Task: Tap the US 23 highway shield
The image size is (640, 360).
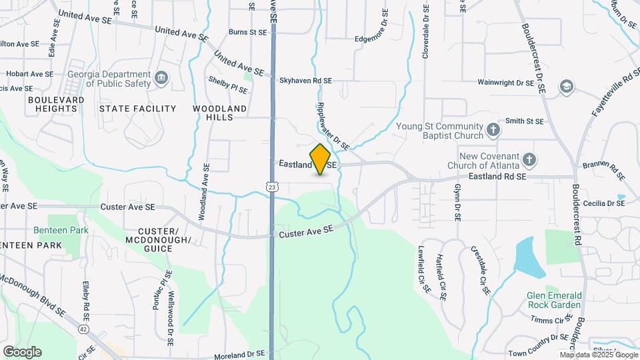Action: pyautogui.click(x=272, y=187)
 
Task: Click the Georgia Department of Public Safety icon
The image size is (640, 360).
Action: pyautogui.click(x=161, y=79)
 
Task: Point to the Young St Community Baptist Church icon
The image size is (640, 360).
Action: pyautogui.click(x=493, y=130)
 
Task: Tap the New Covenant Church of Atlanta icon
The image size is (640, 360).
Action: pyautogui.click(x=529, y=160)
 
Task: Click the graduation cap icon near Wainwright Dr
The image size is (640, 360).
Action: pyautogui.click(x=566, y=85)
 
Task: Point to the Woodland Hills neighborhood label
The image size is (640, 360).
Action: pyautogui.click(x=220, y=112)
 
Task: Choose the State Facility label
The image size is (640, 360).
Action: pyautogui.click(x=137, y=108)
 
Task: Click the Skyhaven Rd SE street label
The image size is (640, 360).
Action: pyautogui.click(x=305, y=81)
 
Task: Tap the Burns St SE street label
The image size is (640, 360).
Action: pyautogui.click(x=247, y=31)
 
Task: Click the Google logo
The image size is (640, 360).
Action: pyautogui.click(x=22, y=352)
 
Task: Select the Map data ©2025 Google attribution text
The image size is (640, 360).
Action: pyautogui.click(x=597, y=355)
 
